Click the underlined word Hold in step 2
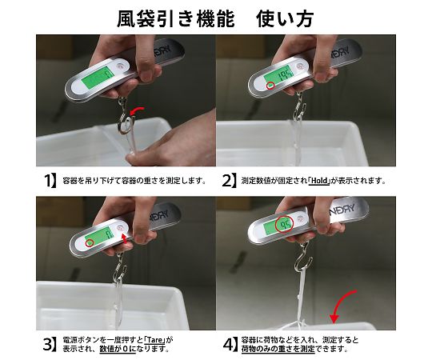tap(319, 181)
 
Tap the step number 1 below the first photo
tap(50, 181)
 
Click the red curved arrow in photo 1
tap(136, 111)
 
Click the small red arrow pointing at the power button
tap(124, 238)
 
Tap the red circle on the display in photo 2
tap(270, 86)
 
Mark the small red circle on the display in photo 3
tap(90, 242)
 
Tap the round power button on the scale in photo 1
tap(120, 66)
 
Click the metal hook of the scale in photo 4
tap(305, 258)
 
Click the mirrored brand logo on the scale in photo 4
tap(342, 210)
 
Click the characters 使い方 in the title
tap(285, 18)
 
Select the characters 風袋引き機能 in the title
tap(176, 18)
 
